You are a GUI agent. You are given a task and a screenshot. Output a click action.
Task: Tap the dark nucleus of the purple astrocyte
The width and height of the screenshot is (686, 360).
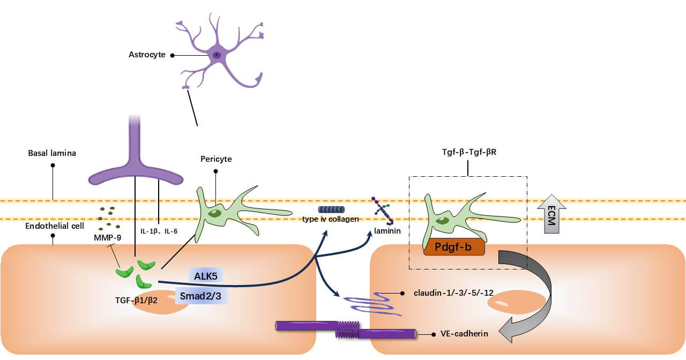point(217,55)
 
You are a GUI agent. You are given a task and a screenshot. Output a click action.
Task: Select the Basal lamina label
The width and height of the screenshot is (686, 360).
point(52,154)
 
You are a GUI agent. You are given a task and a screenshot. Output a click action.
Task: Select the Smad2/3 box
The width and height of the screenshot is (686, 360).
point(202,294)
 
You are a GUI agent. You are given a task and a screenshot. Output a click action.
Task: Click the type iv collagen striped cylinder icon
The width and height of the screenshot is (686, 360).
point(331,209)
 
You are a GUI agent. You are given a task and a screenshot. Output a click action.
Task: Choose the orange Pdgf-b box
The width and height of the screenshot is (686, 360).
point(454,247)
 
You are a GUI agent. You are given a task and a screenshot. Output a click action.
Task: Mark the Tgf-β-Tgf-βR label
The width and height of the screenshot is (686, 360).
point(468,151)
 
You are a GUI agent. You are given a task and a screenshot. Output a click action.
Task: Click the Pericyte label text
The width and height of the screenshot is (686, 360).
point(216,159)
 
